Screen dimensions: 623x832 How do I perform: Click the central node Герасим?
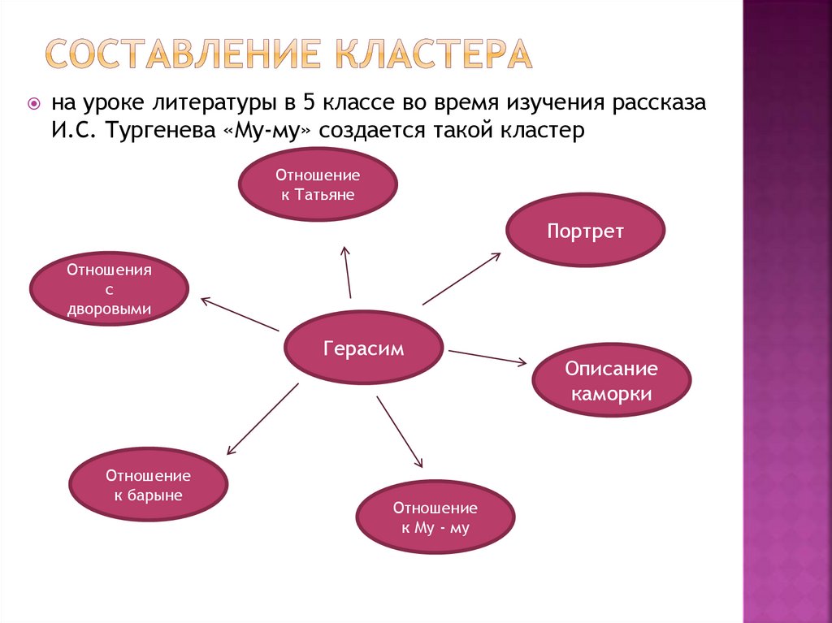363,347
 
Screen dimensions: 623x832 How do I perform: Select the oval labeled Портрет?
585,231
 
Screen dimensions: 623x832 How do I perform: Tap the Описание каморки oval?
611,381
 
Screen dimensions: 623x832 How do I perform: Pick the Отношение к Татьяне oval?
317,184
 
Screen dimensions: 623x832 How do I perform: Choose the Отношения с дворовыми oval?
109,288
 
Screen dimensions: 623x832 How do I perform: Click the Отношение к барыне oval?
148,485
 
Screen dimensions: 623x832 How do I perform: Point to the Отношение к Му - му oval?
435,517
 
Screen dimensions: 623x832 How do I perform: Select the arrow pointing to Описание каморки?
487,357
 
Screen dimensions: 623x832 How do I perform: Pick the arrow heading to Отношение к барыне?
262,418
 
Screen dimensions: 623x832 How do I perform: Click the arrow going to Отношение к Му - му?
400,431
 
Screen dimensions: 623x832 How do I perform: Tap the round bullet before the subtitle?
34,103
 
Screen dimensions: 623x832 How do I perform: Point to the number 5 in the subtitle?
307,105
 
